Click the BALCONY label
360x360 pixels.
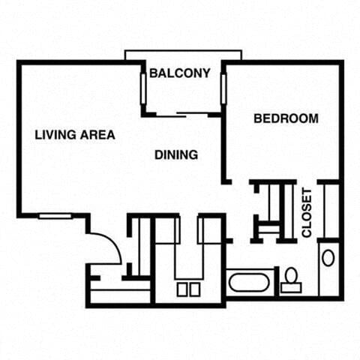(x=179, y=73)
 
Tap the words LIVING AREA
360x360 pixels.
(x=75, y=136)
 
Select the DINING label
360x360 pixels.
(x=176, y=155)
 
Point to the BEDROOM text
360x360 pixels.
(x=286, y=118)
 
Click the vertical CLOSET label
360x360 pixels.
(x=307, y=212)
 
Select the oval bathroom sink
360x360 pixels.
(x=328, y=258)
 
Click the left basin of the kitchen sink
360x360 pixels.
(x=182, y=289)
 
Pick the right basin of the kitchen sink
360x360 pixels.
(x=195, y=289)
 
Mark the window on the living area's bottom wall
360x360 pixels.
(x=55, y=216)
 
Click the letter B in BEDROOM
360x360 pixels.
(x=257, y=118)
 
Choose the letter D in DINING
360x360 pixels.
(x=158, y=155)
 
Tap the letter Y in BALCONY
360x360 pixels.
(x=206, y=73)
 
